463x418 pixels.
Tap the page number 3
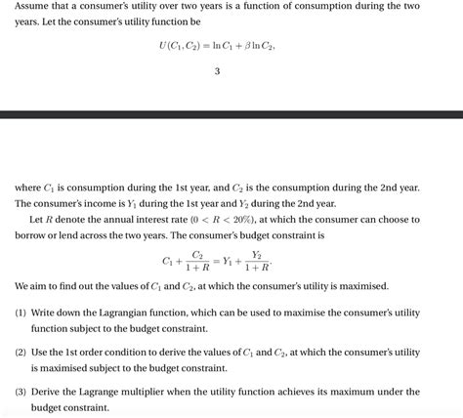pyautogui.click(x=217, y=71)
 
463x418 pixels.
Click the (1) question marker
pyautogui.click(x=21, y=313)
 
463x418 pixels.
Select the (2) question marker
pyautogui.click(x=21, y=352)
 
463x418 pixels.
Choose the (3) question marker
pyautogui.click(x=21, y=392)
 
